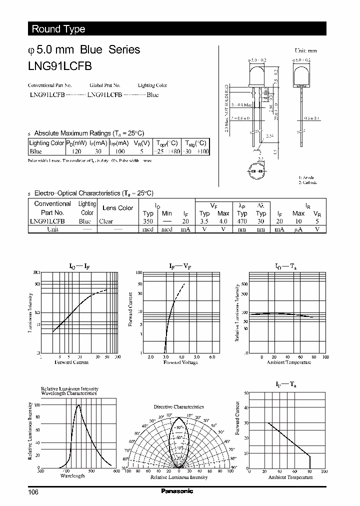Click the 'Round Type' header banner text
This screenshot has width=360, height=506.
(x=58, y=29)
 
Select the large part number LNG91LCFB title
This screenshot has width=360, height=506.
(x=60, y=65)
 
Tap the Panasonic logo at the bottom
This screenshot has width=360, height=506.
(x=176, y=491)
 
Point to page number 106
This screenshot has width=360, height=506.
(x=33, y=492)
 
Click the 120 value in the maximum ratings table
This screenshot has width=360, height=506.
(x=76, y=151)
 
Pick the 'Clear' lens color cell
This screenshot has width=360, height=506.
(x=106, y=221)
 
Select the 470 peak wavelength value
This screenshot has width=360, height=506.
(x=242, y=221)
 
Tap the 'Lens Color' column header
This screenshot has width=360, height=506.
(x=117, y=208)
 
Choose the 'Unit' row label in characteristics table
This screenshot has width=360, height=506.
(x=52, y=229)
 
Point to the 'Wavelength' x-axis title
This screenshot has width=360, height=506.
(x=72, y=475)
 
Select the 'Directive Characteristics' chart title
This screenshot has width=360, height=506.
(x=179, y=407)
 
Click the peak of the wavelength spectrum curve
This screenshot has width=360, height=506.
(x=78, y=405)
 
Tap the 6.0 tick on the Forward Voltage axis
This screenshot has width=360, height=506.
(x=212, y=357)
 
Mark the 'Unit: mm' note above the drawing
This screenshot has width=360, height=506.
(x=306, y=50)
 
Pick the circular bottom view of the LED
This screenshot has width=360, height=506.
(x=260, y=171)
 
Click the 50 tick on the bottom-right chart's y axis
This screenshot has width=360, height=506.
(x=246, y=393)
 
